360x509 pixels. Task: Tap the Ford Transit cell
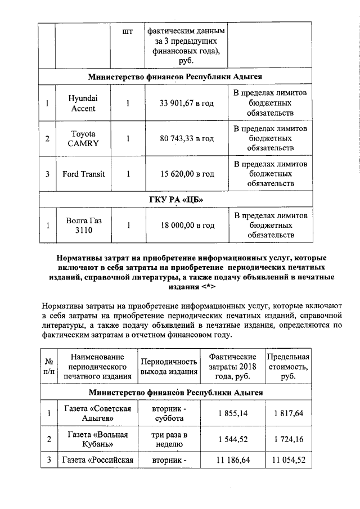(x=83, y=174)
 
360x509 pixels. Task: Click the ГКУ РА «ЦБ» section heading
(x=175, y=200)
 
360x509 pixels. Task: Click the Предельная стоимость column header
(x=289, y=366)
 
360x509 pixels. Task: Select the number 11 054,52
(x=289, y=460)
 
